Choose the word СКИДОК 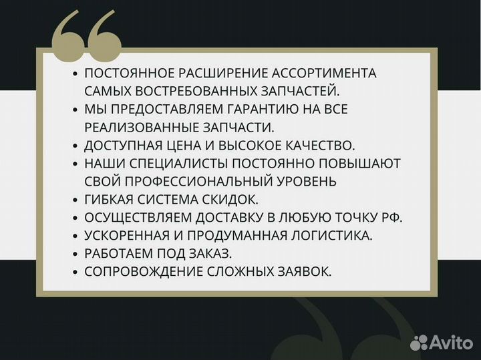coord(234,199)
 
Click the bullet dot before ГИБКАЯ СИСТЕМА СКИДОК coord(75,200)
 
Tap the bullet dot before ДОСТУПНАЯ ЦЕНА coord(75,146)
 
